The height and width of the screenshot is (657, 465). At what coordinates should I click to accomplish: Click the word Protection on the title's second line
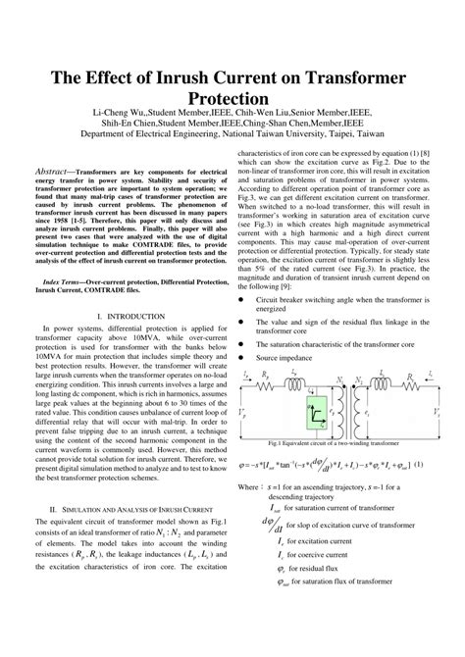pos(232,101)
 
